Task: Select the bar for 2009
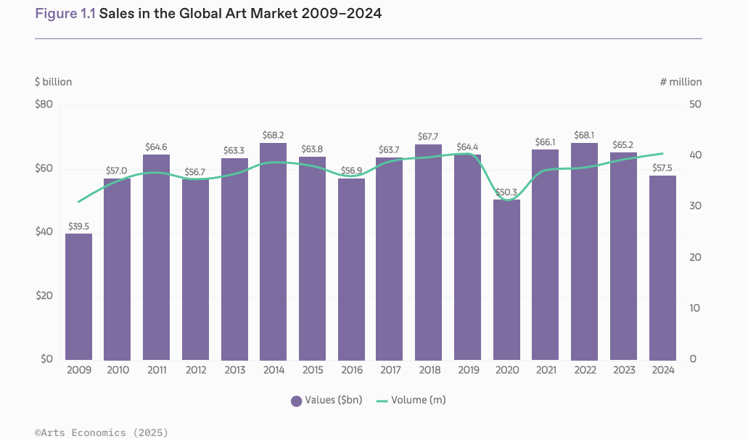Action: pos(78,297)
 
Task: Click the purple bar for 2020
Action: pos(506,279)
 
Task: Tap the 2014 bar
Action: pos(274,252)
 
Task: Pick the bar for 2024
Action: pos(662,268)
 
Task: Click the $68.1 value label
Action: pos(584,136)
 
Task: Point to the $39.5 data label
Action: pos(78,226)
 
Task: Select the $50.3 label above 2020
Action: pos(506,192)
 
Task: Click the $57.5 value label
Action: pos(662,168)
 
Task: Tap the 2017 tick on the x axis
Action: pos(390,370)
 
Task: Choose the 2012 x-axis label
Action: pos(196,370)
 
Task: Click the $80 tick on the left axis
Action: pos(44,104)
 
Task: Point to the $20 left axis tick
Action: pos(44,296)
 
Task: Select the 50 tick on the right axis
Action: pos(695,104)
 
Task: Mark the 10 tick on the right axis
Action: pos(694,308)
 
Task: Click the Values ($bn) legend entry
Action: pos(326,401)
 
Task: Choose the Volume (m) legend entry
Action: pos(411,401)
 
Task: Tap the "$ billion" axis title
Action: pos(54,82)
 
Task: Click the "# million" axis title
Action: pos(681,82)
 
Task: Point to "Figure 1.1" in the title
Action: pos(65,13)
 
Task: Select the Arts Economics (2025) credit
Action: pos(102,432)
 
